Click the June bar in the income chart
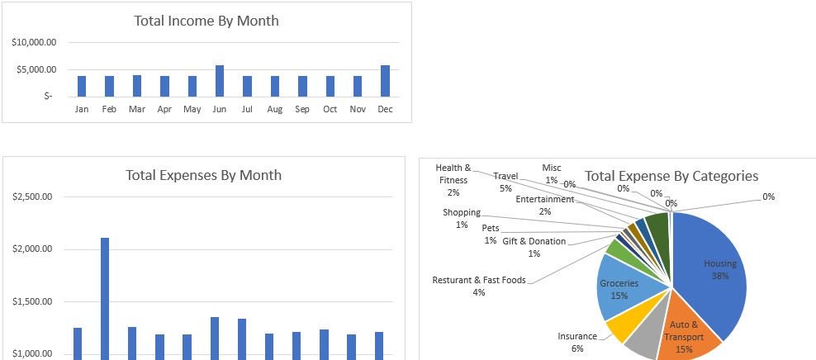tap(220, 81)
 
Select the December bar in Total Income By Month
tap(386, 81)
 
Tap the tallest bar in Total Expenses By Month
tap(105, 297)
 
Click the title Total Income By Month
tap(206, 21)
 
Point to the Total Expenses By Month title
tap(203, 175)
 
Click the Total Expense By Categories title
tap(671, 176)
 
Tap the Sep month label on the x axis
tap(302, 109)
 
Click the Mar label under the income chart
tap(136, 109)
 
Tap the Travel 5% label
tap(505, 182)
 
